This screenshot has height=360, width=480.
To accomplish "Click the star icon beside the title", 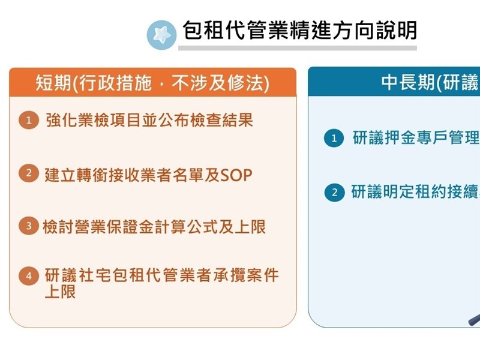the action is click(x=161, y=35).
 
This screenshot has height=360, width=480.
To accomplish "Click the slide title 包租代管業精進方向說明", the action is click(x=299, y=31).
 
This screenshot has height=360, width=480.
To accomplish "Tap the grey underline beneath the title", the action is click(x=298, y=48).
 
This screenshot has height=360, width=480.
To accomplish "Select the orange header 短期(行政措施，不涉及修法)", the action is click(x=153, y=82).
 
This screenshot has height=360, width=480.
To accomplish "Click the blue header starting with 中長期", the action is click(x=394, y=82).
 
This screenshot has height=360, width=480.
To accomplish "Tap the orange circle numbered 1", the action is click(x=29, y=120).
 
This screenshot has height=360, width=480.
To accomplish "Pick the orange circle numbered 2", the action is click(x=29, y=173).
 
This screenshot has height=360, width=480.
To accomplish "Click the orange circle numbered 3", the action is click(x=29, y=226).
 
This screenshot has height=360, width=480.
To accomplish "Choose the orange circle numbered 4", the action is click(x=29, y=276).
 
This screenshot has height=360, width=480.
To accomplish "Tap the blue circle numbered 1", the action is click(x=334, y=138).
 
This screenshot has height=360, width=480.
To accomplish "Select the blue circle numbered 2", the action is click(x=335, y=193).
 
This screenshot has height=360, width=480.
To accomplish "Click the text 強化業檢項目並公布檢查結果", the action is click(x=149, y=119).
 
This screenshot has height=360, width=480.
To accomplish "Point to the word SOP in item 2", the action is click(x=236, y=175).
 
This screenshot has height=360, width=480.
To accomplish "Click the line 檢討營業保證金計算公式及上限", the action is click(x=154, y=227).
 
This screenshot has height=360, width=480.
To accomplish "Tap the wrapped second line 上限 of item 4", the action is click(x=60, y=292).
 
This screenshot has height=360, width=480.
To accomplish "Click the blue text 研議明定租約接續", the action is click(x=415, y=192).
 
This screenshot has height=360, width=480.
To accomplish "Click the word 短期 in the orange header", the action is click(x=53, y=83).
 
